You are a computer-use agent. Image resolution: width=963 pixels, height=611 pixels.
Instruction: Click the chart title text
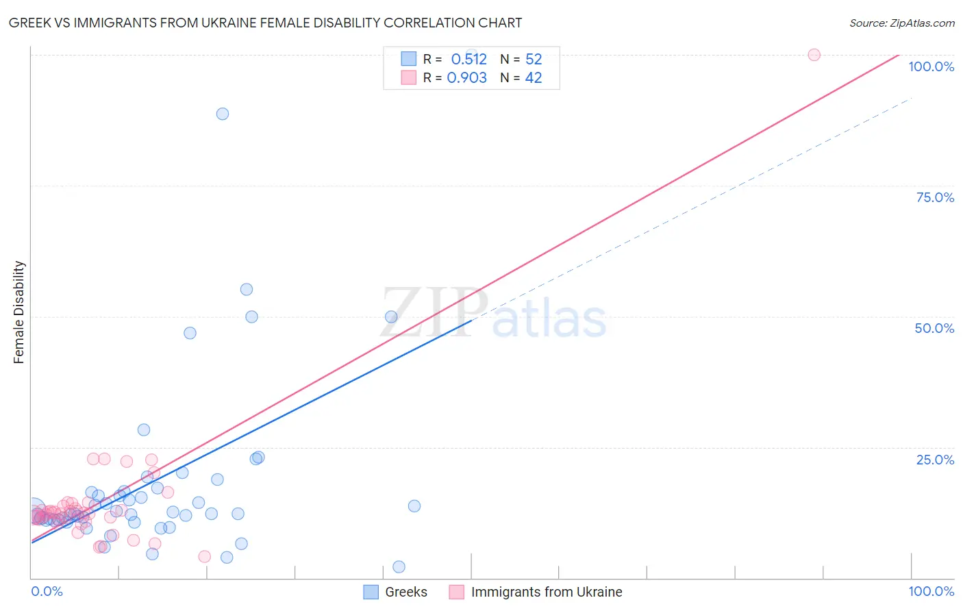click(x=265, y=23)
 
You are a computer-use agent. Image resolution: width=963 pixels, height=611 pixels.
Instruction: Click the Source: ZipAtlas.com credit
click(x=901, y=23)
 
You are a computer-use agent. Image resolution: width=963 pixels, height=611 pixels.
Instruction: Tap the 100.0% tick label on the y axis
click(x=931, y=66)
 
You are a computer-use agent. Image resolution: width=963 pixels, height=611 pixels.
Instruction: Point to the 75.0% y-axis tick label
click(x=935, y=197)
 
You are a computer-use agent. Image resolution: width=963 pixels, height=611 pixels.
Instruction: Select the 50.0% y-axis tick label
click(x=934, y=328)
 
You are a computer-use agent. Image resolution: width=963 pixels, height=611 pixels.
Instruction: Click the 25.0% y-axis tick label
click(x=935, y=460)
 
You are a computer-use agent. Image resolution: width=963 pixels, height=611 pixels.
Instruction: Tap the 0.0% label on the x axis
click(x=47, y=591)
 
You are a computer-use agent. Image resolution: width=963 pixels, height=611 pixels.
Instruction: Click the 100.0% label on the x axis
click(x=931, y=591)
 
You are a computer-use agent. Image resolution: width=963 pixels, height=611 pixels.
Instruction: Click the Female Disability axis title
click(x=19, y=312)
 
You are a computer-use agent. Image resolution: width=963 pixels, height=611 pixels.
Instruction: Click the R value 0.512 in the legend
click(x=468, y=60)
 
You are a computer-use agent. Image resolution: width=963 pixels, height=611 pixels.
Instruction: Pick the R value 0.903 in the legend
click(x=467, y=78)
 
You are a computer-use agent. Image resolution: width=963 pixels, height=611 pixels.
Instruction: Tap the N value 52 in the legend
click(x=534, y=60)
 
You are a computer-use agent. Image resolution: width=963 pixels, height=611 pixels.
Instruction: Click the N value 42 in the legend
click(x=534, y=78)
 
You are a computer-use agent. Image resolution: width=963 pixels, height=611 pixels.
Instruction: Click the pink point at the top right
click(x=814, y=55)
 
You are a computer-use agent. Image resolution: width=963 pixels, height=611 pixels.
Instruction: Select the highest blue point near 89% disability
click(x=223, y=114)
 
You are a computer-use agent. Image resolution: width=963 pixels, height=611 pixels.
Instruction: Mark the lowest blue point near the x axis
click(x=399, y=566)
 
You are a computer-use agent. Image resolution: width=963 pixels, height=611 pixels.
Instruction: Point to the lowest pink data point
click(x=204, y=556)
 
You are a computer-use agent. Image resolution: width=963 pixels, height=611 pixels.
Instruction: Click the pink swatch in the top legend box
click(x=409, y=77)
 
